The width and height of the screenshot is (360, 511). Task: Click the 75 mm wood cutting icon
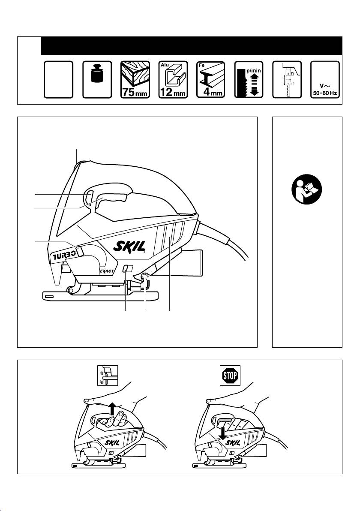[135, 80]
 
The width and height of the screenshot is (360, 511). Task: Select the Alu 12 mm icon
[173, 80]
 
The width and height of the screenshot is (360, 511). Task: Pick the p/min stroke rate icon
[249, 80]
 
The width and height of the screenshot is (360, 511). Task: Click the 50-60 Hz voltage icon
[325, 80]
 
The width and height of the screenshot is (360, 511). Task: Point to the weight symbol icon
[97, 80]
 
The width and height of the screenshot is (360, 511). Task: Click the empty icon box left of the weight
[59, 80]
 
